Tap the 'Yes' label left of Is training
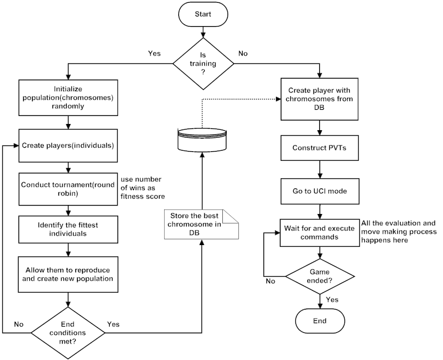pos(153,54)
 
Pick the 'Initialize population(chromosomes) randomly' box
pos(68,97)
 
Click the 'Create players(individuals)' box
pos(68,145)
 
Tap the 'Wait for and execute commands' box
pos(320,233)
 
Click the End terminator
pos(320,322)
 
